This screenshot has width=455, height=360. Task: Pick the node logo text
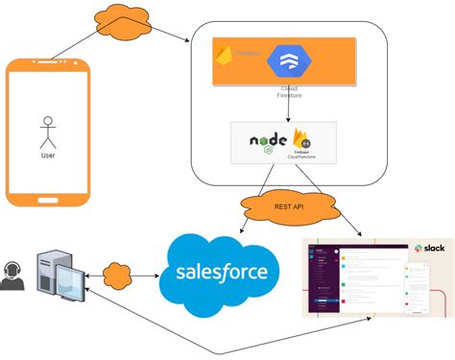(270, 141)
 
